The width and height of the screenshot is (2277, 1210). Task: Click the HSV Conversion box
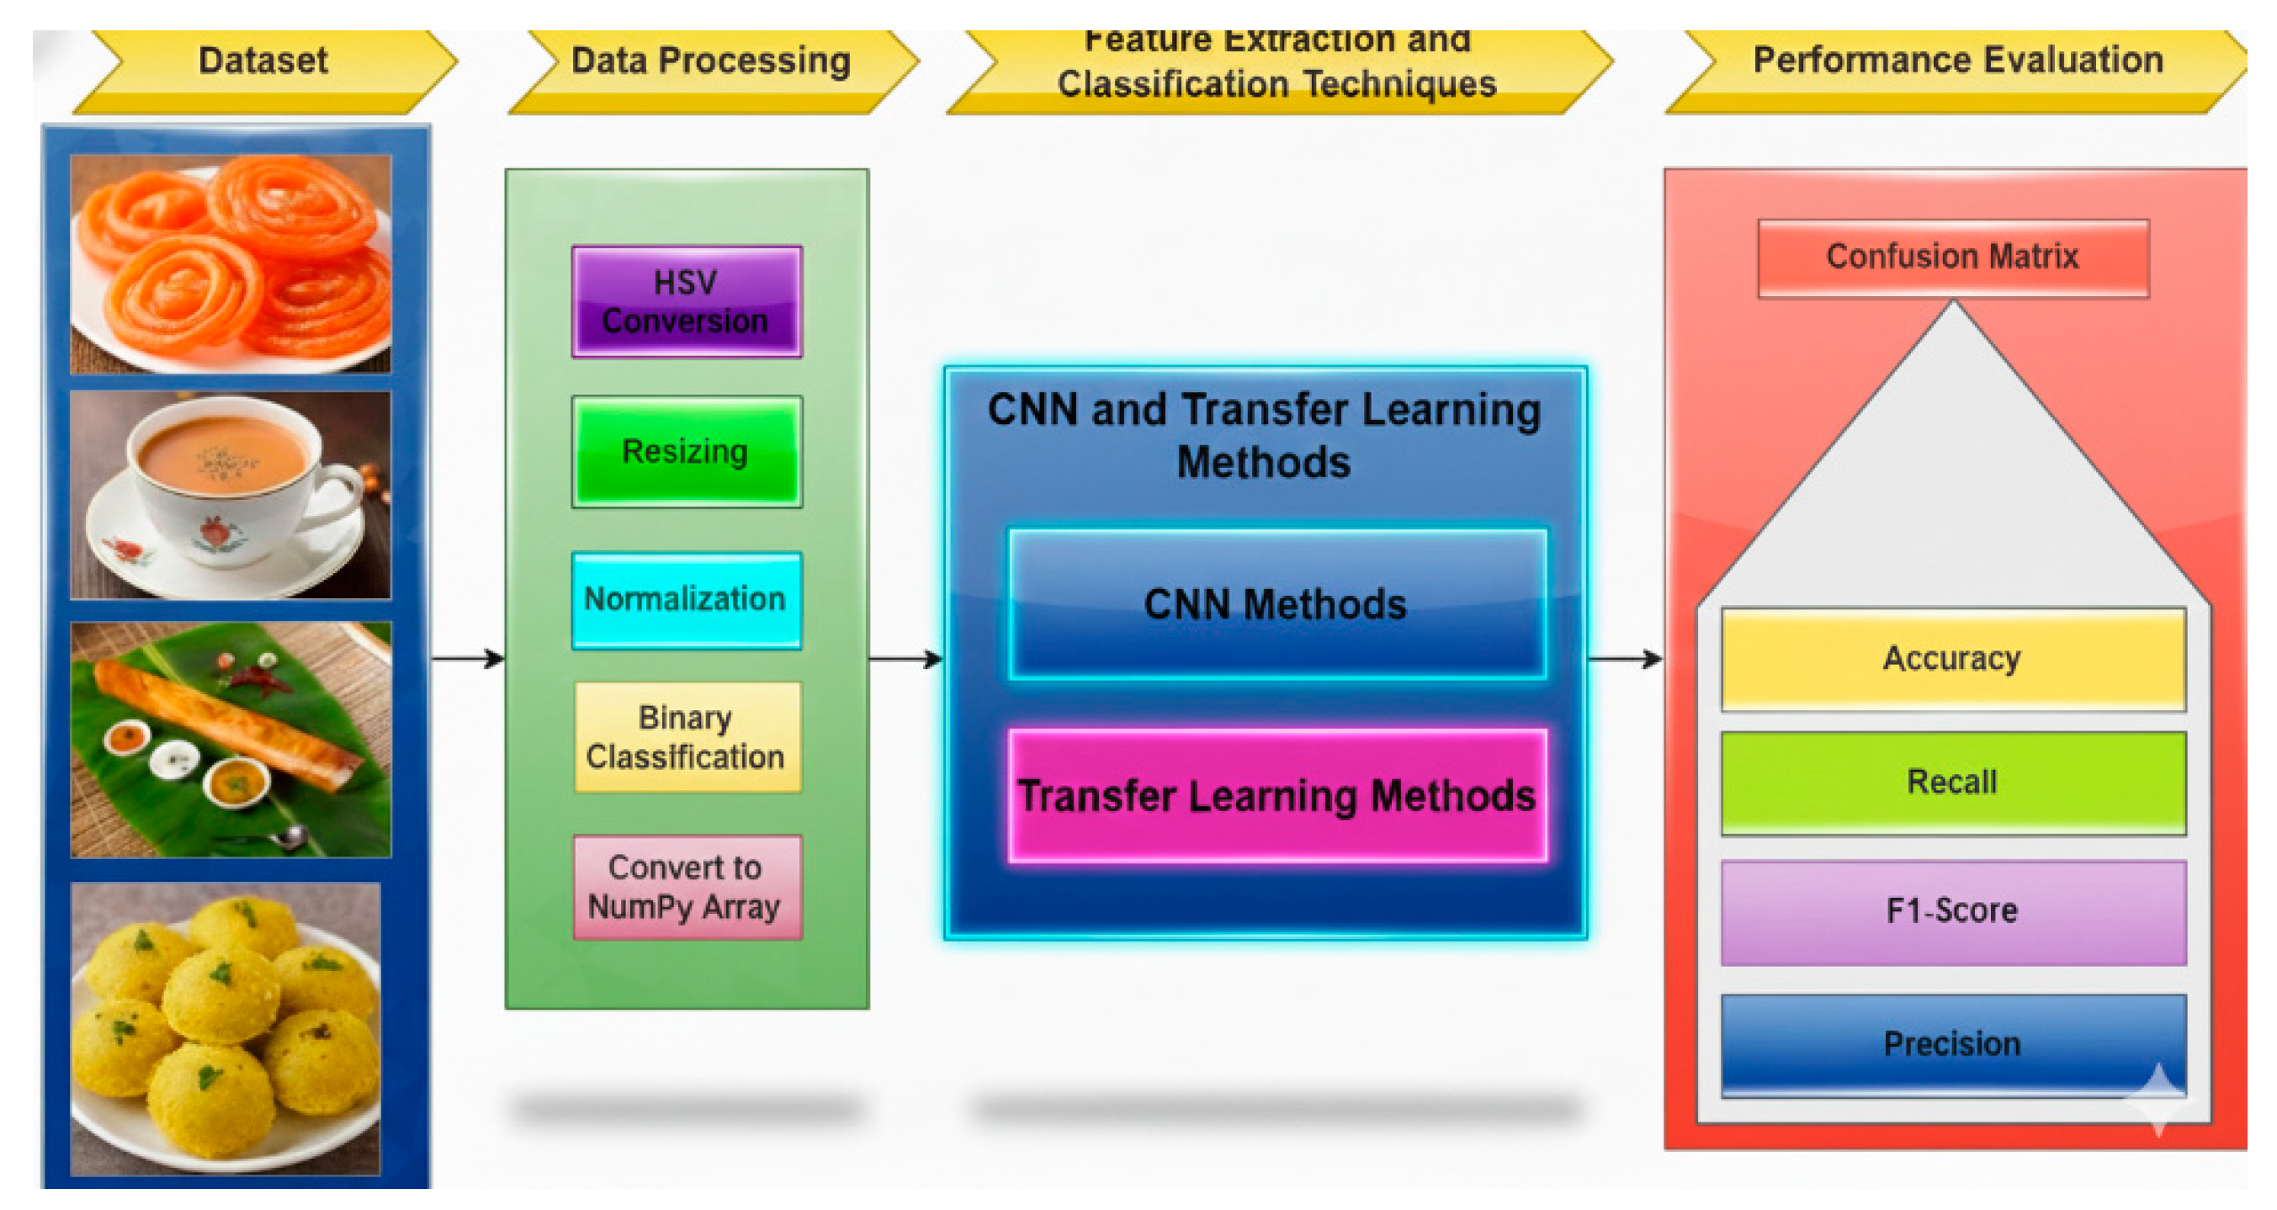(x=686, y=301)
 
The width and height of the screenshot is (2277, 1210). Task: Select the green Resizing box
(x=686, y=451)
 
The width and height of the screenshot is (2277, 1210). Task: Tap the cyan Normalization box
(x=686, y=599)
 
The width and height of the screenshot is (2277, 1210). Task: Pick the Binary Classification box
(x=686, y=736)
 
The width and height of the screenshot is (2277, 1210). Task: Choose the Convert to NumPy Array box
(x=686, y=887)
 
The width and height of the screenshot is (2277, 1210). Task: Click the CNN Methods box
(x=1276, y=604)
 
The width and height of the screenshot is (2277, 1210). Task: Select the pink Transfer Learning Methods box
(x=1276, y=794)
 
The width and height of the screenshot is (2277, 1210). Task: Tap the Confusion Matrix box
(x=1951, y=257)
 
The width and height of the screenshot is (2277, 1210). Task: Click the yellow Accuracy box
(x=1951, y=659)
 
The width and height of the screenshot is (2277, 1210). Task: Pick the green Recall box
(x=1951, y=783)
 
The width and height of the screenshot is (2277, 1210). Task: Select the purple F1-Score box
(x=1951, y=911)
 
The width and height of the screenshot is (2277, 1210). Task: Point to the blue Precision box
(x=1951, y=1044)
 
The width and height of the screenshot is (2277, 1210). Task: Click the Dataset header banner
(x=263, y=62)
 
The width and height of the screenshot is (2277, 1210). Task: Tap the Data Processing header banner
(x=711, y=62)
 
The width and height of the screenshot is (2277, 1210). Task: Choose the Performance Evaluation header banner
(x=1957, y=62)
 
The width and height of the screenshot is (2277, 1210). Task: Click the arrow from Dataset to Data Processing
(x=468, y=659)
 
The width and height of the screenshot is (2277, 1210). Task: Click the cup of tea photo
(x=230, y=495)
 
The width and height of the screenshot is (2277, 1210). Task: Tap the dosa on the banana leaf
(x=230, y=739)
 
